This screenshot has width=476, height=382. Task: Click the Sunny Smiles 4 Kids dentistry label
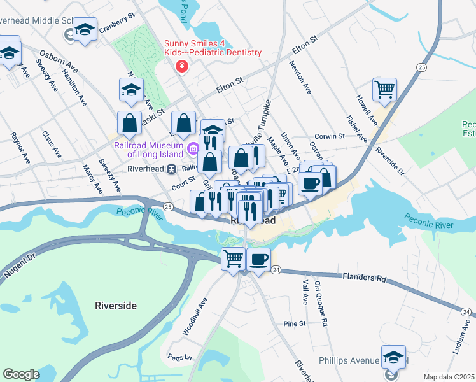213,48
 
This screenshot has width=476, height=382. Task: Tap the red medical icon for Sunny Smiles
182,66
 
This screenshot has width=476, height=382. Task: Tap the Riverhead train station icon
171,169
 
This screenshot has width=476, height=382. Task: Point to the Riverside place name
115,306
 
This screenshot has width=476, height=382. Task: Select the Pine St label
295,323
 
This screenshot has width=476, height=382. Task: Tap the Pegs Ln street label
179,357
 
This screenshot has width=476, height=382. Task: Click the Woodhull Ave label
195,316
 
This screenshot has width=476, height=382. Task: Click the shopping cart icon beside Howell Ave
385,89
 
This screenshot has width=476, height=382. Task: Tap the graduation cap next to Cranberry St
85,29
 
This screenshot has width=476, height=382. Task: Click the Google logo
21,374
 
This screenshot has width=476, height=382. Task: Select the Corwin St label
330,136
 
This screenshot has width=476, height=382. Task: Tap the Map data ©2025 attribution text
449,377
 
